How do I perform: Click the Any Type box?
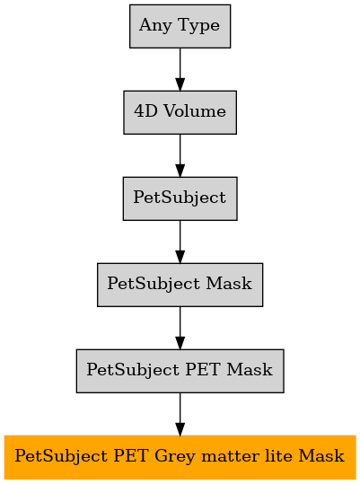pos(180,26)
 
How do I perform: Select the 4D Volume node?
pos(180,112)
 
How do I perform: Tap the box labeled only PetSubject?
pos(180,198)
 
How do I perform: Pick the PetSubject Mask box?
pos(180,285)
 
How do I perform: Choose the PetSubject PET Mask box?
pos(180,371)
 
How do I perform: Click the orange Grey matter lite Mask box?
pos(180,457)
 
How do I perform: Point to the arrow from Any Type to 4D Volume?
pos(180,69)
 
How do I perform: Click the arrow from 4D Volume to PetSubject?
pos(180,155)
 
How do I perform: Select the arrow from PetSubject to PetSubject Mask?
pos(180,242)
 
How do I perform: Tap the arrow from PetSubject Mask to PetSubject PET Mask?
pos(180,328)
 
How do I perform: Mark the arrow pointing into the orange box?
pos(180,414)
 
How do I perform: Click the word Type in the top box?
pos(199,26)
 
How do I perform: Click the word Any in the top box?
pos(155,26)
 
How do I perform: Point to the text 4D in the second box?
pos(146,110)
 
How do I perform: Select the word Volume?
pos(195,110)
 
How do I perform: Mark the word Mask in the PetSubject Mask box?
pos(229,283)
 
